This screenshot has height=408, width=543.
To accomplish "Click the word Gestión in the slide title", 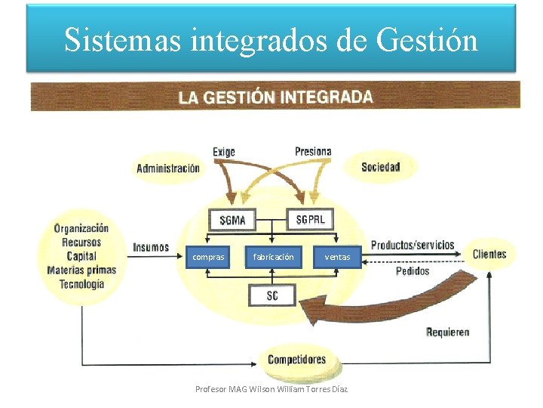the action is coord(431,39).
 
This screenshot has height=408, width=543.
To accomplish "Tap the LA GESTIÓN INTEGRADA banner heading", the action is coord(275,97).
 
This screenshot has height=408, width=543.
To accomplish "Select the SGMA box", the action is coord(232,221).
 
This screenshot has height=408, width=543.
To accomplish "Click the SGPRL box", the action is coord(311,219).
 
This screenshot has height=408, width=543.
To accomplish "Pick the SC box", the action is coord(272,295).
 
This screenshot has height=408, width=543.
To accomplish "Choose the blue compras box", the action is coord(208,257).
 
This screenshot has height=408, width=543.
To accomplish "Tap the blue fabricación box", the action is coord(273,257).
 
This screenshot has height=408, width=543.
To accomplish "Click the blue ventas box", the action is coord(337,257).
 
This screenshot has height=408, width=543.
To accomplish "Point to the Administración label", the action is coord(168,168).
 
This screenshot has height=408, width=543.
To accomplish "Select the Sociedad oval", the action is coord(380,167).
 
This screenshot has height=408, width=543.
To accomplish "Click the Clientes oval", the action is coord(489,254).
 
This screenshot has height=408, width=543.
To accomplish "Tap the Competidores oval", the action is coord(297,360).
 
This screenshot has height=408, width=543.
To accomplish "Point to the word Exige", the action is coord(224,152).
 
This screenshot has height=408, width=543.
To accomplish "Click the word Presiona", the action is coord(313,151).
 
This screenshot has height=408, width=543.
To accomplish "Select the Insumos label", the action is coord(151,247).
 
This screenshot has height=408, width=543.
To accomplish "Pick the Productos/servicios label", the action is coord(413,245).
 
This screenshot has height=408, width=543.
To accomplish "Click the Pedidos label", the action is coord(413,270).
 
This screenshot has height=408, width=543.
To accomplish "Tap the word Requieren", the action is coord(447,332).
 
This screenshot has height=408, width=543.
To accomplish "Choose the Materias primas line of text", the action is coord(81,270).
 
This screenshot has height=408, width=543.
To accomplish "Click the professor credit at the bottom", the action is coord(272,388).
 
